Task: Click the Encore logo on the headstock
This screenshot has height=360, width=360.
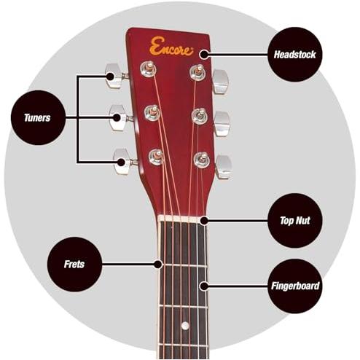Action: tap(171, 47)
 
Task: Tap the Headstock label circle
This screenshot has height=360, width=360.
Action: tap(294, 55)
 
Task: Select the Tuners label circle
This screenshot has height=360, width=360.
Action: tap(38, 118)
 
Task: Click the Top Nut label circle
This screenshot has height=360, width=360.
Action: tap(295, 220)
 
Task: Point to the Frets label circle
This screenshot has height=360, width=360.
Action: tap(74, 265)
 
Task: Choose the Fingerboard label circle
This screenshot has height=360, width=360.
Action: tap(295, 286)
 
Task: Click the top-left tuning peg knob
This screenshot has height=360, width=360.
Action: tap(114, 76)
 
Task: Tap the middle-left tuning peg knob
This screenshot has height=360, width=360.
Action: tap(117, 117)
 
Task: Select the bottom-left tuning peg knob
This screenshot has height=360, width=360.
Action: tap(122, 162)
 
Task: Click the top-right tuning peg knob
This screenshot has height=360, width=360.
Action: tap(220, 82)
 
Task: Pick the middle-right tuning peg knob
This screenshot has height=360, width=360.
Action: tap(222, 124)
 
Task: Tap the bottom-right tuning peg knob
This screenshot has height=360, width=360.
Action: tap(224, 167)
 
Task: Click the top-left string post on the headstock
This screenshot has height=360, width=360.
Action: tap(148, 69)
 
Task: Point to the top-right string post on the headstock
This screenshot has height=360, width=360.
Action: tap(197, 72)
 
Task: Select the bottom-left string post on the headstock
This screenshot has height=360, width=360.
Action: tap(157, 157)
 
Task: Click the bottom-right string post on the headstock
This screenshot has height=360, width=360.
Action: tap(202, 160)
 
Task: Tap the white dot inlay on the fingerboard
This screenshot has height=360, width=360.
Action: tap(185, 326)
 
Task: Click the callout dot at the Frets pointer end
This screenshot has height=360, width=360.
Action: tap(158, 264)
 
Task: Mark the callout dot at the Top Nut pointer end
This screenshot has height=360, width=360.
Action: tap(204, 221)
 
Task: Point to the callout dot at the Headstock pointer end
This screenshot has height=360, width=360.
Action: tap(204, 55)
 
